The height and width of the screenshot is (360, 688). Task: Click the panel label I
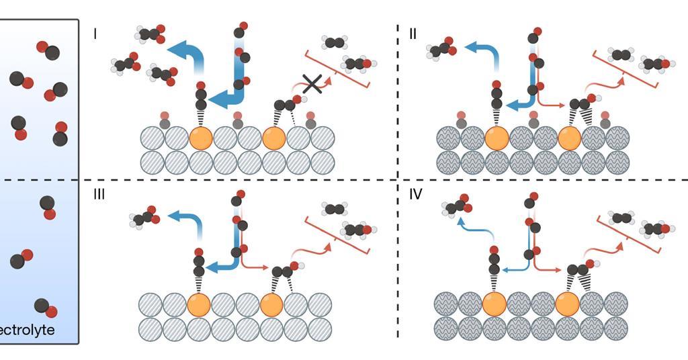point(95,32)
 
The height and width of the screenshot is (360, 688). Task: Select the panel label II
point(413,32)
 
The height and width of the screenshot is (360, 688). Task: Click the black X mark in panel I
point(311,84)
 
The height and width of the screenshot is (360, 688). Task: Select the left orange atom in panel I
point(201,138)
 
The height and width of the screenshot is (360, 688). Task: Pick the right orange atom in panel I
point(274,138)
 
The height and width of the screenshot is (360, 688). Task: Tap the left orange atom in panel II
point(497,138)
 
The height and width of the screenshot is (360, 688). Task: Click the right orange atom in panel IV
point(568,304)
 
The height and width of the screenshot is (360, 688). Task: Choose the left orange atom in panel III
point(199,304)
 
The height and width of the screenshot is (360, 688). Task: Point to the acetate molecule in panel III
point(142,217)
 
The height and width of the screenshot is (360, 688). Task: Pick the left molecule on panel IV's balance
point(621,218)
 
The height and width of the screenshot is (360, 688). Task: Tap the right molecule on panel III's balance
point(357,230)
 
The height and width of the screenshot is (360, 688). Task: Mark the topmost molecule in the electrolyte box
point(48,50)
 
